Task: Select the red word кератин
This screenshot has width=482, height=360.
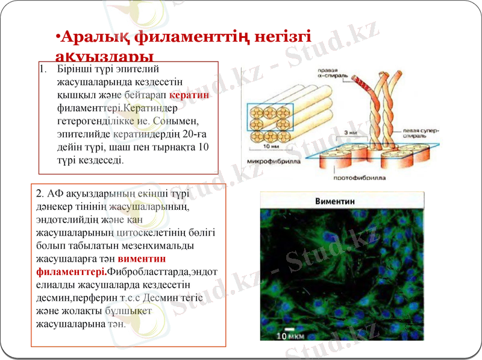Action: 190,95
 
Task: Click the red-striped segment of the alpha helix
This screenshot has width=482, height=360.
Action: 363,85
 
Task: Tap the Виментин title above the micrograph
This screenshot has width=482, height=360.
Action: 334,201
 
